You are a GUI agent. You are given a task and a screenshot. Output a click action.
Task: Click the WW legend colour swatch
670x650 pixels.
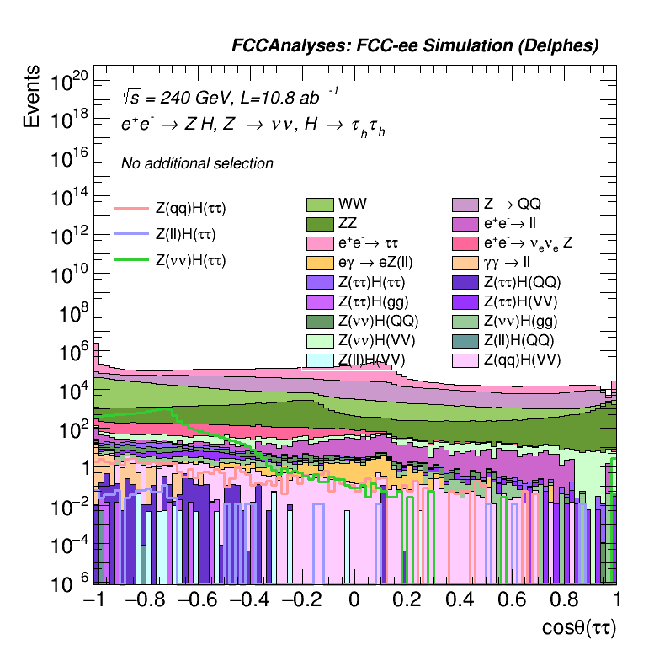click(x=320, y=205)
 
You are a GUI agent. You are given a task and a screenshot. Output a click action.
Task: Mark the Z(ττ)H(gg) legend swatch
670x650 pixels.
click(x=320, y=301)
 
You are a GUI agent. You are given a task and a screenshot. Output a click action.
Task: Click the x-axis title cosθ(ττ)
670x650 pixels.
click(x=580, y=627)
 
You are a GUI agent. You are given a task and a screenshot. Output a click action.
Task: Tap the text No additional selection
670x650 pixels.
click(x=197, y=163)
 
